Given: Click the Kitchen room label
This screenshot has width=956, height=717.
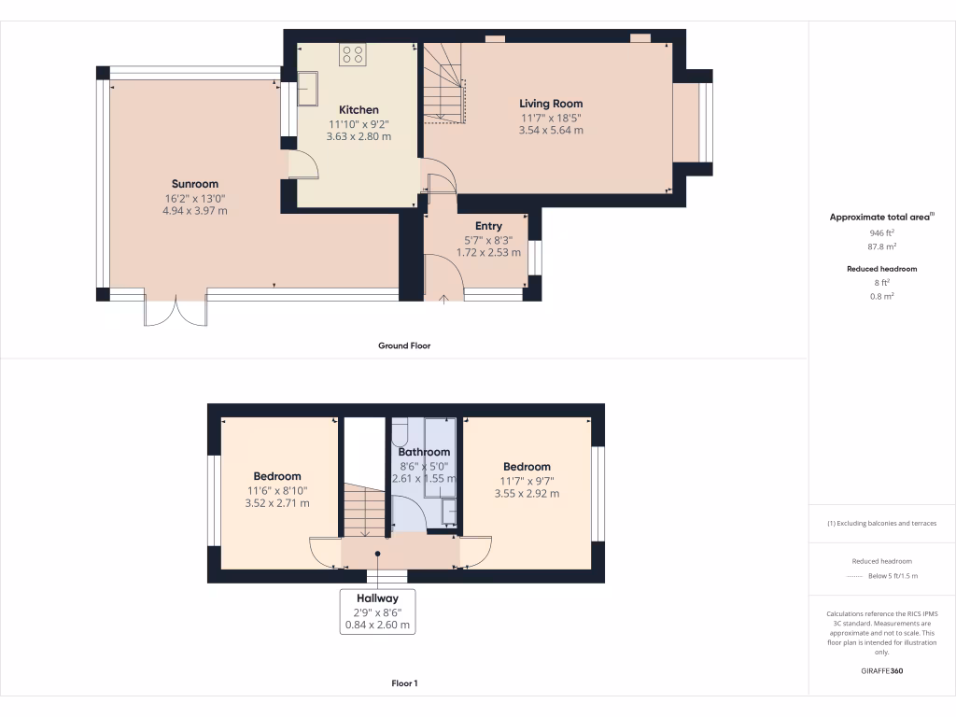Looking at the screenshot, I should click(358, 110).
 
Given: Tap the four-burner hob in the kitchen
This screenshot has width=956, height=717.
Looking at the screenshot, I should click(353, 55).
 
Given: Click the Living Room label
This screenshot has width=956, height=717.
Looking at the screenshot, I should click(551, 104).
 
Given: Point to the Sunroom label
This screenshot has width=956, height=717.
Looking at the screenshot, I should click(194, 184).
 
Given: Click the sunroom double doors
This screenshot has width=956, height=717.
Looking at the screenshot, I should click(176, 312).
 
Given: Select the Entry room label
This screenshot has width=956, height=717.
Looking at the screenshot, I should click(488, 226).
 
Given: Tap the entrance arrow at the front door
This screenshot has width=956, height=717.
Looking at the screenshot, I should click(443, 298).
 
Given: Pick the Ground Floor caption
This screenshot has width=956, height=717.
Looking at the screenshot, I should click(403, 345).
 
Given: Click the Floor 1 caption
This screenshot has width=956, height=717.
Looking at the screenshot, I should click(403, 683).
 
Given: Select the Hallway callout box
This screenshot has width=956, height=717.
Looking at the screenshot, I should click(377, 612).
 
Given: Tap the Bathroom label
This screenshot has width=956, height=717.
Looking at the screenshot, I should click(424, 452).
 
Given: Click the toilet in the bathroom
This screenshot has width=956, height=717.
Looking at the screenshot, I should click(401, 430).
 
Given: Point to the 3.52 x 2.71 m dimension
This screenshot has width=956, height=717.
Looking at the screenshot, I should click(278, 503).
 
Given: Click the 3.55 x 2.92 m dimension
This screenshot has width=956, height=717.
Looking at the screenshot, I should click(527, 494).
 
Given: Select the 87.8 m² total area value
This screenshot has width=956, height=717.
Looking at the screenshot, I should click(881, 247).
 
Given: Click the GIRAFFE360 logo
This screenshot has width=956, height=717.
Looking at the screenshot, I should click(881, 670).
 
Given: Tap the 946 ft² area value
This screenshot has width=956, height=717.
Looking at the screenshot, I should click(881, 232).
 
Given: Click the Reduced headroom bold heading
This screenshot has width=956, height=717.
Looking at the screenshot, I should click(881, 269).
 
